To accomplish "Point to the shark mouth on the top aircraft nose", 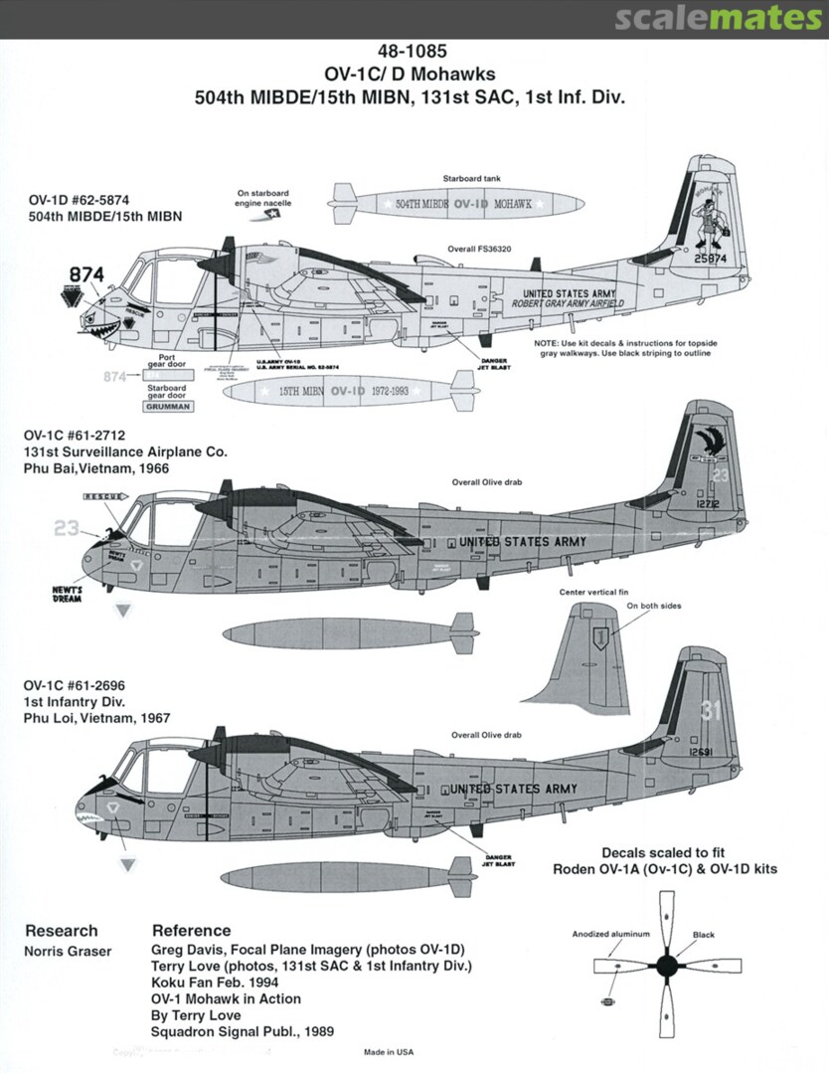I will pos(103,323).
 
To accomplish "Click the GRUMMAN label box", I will pos(159,406).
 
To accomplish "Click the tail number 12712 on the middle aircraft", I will pos(706,503).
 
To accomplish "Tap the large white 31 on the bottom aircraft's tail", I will pos(709,710).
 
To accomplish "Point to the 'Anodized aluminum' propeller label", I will pos(610,934).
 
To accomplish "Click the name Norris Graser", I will pos(69,952).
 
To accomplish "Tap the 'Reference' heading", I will pos(191,931).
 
